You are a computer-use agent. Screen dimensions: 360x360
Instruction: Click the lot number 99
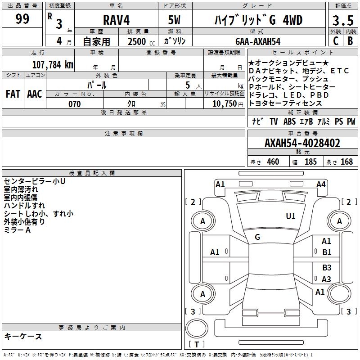tap(22, 19)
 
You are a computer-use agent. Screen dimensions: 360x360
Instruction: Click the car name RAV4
tap(116, 20)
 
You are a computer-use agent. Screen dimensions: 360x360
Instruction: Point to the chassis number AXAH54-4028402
tap(302, 144)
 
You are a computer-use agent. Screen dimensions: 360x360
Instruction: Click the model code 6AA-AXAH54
tap(258, 41)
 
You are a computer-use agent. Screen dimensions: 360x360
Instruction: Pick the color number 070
tap(74, 104)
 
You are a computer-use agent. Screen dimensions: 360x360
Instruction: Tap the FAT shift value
tap(13, 94)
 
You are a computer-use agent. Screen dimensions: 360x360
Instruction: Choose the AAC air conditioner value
tap(34, 94)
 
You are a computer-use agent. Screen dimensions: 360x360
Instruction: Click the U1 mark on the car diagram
tap(291, 216)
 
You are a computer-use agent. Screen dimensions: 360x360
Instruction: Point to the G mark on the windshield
tap(257, 237)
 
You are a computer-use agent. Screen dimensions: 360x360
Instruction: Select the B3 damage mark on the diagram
tap(327, 268)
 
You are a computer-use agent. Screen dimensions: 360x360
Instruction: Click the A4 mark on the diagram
tap(321, 184)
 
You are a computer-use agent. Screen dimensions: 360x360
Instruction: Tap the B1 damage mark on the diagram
tap(327, 252)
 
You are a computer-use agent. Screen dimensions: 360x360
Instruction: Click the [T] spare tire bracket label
tap(197, 345)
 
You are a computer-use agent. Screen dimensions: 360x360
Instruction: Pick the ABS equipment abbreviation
tap(289, 121)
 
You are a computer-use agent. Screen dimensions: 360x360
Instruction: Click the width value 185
tap(310, 162)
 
